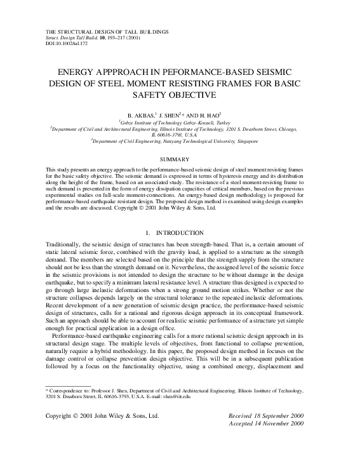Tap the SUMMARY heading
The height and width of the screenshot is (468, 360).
[x=180, y=158]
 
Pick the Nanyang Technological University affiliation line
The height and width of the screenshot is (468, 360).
[x=180, y=141]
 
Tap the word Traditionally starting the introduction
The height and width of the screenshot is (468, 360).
[x=66, y=227]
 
